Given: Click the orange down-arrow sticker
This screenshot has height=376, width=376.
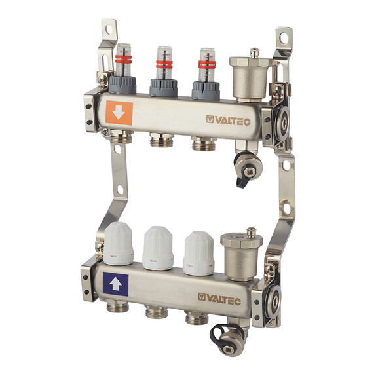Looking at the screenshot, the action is coord(119,113).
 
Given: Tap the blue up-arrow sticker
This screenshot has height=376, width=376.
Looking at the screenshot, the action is coord(115,284).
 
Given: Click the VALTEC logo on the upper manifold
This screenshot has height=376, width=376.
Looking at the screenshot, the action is coord(228,121).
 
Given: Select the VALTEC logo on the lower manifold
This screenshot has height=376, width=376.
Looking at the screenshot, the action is coord(219,299).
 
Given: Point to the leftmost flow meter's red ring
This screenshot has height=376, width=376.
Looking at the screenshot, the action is coord(124,59).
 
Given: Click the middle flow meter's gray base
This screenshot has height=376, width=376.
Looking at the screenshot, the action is coord(164,88).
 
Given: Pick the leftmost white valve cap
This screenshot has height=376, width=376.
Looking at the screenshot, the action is coord(118,244).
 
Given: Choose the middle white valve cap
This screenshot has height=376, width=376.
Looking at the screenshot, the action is coord(158,248).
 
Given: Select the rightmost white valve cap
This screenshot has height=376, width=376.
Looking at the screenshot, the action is coord(198,254).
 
